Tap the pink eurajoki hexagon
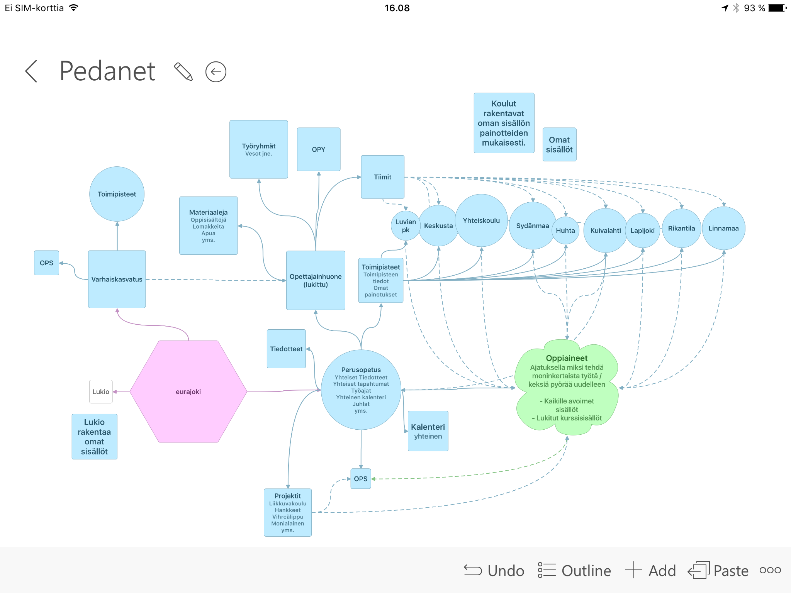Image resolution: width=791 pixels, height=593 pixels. pyautogui.click(x=188, y=391)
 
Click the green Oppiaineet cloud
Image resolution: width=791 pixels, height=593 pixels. pyautogui.click(x=567, y=388)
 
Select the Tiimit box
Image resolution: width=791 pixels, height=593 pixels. pyautogui.click(x=382, y=177)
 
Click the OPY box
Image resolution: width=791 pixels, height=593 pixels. pyautogui.click(x=319, y=149)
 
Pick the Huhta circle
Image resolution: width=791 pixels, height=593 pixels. pyautogui.click(x=565, y=230)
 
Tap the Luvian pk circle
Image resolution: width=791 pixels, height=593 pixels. pyautogui.click(x=406, y=226)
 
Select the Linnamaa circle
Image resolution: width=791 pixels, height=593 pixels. pyautogui.click(x=723, y=228)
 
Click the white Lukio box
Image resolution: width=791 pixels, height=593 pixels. pyautogui.click(x=101, y=391)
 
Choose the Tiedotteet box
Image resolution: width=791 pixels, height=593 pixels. pyautogui.click(x=286, y=349)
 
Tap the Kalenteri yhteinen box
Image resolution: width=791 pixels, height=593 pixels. pyautogui.click(x=428, y=431)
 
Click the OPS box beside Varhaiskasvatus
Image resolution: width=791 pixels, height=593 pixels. pyautogui.click(x=46, y=263)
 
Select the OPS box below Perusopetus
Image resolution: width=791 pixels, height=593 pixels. pyautogui.click(x=361, y=479)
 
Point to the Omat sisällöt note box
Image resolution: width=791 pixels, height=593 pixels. pyautogui.click(x=559, y=144)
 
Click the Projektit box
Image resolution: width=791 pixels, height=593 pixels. pyautogui.click(x=288, y=512)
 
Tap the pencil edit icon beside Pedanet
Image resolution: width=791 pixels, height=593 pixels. pyautogui.click(x=183, y=71)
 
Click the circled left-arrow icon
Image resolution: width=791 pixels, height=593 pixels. pyautogui.click(x=216, y=72)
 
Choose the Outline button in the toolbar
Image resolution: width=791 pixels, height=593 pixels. pyautogui.click(x=575, y=571)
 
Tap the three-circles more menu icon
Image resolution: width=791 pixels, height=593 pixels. pyautogui.click(x=770, y=570)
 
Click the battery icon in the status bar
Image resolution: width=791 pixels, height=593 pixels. pyautogui.click(x=777, y=8)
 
